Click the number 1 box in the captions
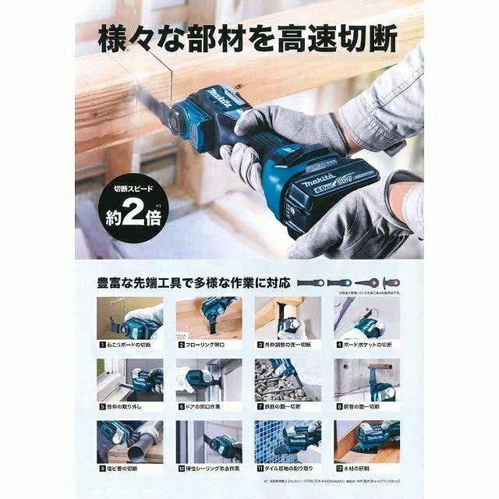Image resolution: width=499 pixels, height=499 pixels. (x=101, y=344)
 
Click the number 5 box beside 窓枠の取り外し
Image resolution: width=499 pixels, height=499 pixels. (x=101, y=406)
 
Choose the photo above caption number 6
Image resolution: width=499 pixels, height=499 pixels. (x=208, y=380)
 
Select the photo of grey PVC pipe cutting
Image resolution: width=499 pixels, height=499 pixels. (x=129, y=442)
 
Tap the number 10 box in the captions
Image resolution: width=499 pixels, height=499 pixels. (x=180, y=469)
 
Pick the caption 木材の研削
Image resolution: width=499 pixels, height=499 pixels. (x=366, y=469)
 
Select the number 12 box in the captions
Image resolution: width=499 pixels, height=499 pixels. (x=338, y=469)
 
